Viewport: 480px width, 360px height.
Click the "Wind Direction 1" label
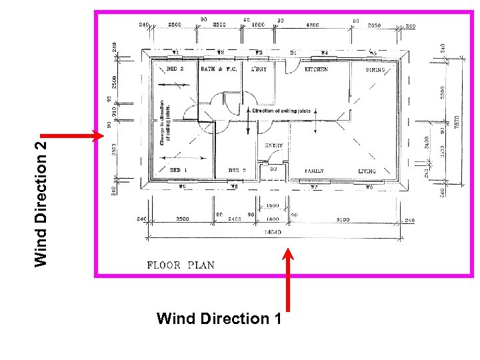218,319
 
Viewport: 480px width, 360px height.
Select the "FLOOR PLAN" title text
181,265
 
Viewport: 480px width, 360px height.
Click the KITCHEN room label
316,69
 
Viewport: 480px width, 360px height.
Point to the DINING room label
377,69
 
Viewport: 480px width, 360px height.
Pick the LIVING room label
367,171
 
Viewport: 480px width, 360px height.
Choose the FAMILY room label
314,171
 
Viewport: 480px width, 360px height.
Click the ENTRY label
273,145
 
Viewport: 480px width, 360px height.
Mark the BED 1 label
175,171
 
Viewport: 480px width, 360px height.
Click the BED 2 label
175,69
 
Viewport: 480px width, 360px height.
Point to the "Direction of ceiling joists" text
281,111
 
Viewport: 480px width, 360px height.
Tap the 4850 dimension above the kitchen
312,25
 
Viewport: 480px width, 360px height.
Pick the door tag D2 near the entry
273,169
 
